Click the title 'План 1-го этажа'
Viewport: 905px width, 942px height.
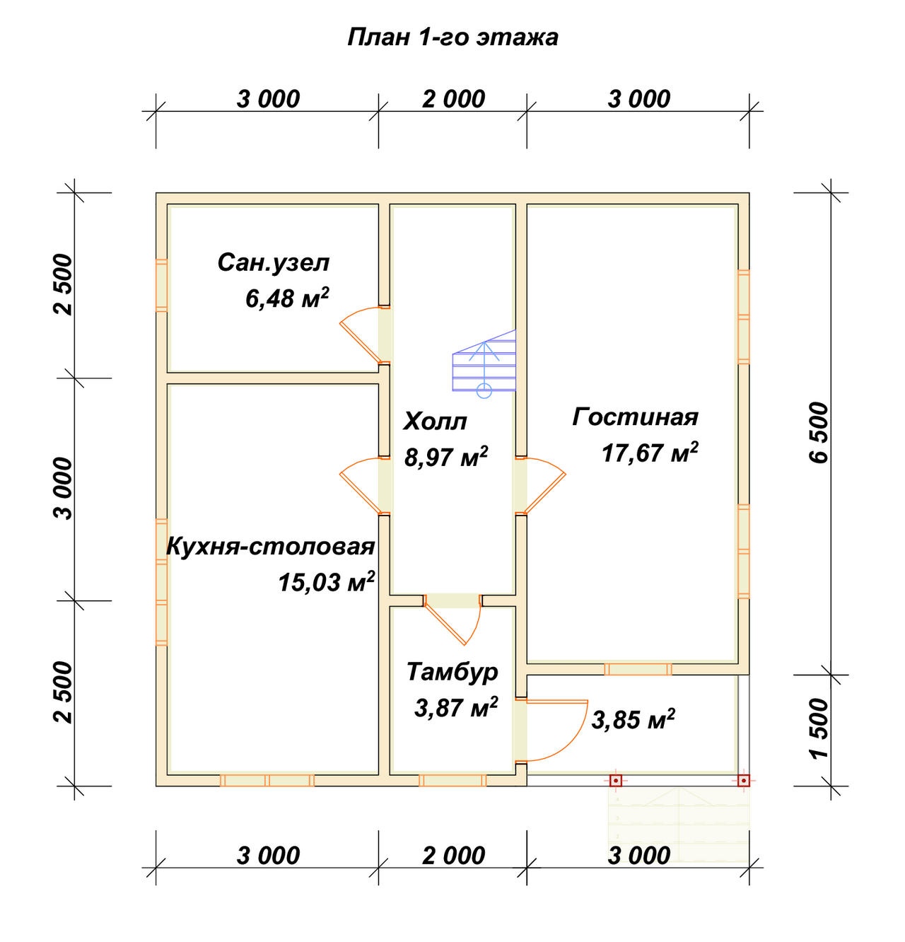[452, 37]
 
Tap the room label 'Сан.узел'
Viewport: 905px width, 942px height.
[274, 264]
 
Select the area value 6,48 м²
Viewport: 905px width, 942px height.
[287, 298]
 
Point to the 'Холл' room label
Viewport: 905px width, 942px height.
[435, 421]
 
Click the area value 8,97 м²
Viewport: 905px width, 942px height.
[445, 456]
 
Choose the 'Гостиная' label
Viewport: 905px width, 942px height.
[635, 417]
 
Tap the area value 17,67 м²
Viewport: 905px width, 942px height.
[650, 453]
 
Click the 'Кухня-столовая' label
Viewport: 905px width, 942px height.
[271, 547]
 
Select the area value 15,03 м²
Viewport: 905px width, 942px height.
[326, 582]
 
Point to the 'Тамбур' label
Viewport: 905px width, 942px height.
[452, 672]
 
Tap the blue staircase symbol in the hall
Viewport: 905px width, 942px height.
[484, 364]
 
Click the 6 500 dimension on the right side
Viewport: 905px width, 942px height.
[819, 433]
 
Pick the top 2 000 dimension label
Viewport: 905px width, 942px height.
[453, 99]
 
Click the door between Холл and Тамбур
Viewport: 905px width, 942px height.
[452, 621]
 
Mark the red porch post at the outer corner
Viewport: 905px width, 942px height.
[743, 780]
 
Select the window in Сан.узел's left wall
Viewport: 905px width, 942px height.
[161, 286]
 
